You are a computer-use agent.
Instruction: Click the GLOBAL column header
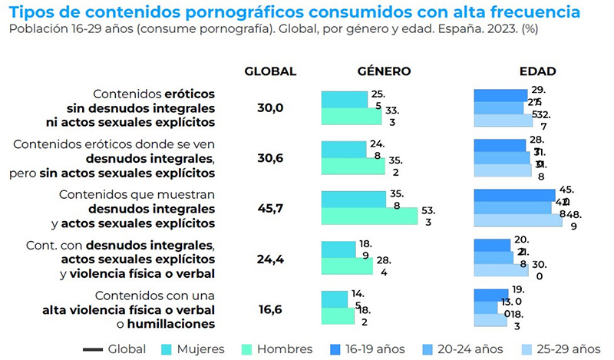tap(270, 71)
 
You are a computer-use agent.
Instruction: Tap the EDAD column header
tap(537, 71)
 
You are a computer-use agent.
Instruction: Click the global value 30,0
tap(270, 108)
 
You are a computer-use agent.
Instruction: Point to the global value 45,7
tap(270, 208)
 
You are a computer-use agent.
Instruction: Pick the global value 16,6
tap(270, 309)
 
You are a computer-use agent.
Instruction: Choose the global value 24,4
tap(270, 259)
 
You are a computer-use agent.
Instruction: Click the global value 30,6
tap(270, 158)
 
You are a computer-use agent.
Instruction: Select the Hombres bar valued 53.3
tap(369, 216)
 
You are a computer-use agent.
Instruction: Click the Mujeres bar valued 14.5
tap(334, 299)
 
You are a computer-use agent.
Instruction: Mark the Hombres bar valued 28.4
tap(346, 266)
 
